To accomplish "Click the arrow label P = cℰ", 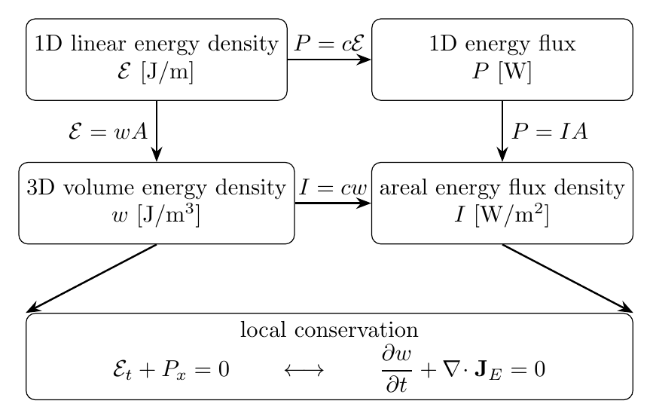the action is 329,43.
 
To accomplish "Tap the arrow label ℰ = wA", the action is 108,132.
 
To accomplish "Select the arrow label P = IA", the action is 549,132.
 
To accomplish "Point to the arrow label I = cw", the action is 333,188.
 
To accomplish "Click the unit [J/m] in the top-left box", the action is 167,72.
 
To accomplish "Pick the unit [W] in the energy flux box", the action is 514,72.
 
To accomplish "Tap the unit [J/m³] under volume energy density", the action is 169,215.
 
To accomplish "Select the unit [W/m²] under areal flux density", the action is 512,215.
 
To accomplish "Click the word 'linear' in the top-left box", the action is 98,43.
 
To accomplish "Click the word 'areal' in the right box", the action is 404,188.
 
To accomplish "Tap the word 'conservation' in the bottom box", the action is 356,330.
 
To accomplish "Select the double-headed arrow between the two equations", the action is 304,370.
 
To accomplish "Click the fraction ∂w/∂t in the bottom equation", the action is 397,370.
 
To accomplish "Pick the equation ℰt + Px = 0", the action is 171,370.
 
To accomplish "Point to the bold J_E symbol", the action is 487,371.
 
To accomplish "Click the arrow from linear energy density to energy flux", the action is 329,60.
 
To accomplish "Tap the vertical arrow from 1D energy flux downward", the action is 502,131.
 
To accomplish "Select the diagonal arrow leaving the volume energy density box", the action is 92,278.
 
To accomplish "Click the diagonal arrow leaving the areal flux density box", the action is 568,278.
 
